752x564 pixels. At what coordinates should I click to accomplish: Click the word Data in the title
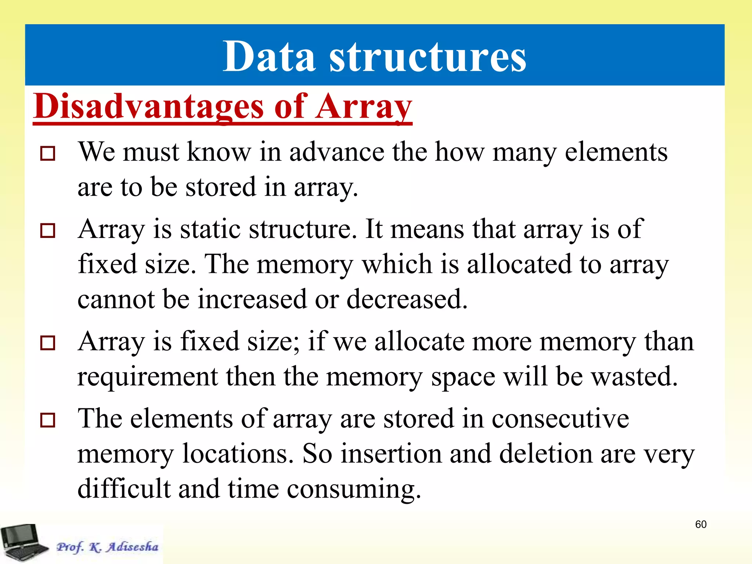pyautogui.click(x=269, y=57)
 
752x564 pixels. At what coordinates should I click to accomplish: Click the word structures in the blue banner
pyautogui.click(x=427, y=57)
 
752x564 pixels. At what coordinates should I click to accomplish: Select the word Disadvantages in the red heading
pyautogui.click(x=148, y=106)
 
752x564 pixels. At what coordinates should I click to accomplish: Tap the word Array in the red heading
pyautogui.click(x=364, y=106)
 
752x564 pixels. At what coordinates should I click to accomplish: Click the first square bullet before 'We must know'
pyautogui.click(x=48, y=153)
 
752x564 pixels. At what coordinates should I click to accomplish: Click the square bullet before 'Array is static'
pyautogui.click(x=48, y=231)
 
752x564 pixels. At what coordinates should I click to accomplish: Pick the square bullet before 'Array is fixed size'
pyautogui.click(x=48, y=343)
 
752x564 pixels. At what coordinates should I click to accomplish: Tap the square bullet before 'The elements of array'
pyautogui.click(x=48, y=420)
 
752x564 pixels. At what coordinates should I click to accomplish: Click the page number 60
pyautogui.click(x=701, y=524)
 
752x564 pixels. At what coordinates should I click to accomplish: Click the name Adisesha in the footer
pyautogui.click(x=132, y=547)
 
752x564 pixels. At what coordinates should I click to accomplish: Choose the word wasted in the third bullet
pyautogui.click(x=634, y=377)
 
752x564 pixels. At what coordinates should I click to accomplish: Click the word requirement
pyautogui.click(x=148, y=377)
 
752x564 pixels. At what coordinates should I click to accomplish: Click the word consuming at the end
pyautogui.click(x=353, y=489)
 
